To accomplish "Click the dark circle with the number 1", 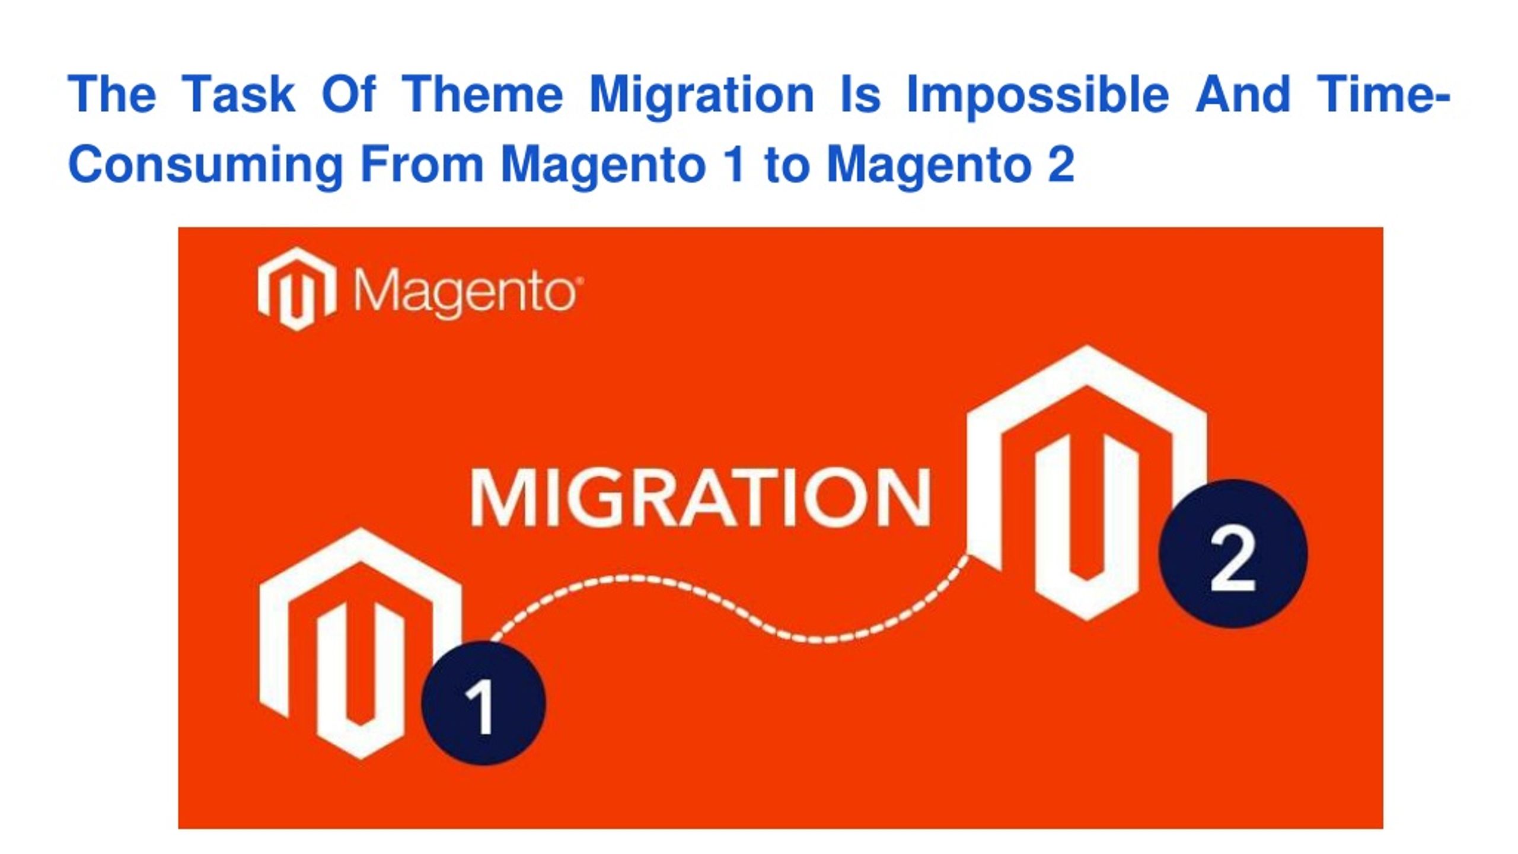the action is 483,703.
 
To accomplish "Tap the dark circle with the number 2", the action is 1233,553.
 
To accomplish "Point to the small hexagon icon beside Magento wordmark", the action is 296,289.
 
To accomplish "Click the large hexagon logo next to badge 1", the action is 361,643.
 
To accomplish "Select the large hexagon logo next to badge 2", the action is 1086,483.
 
